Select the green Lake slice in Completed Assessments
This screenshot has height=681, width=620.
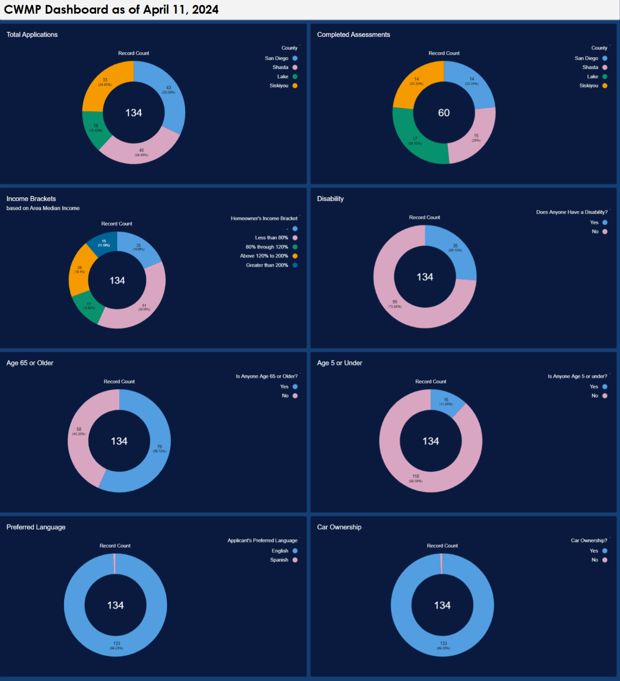click(x=412, y=142)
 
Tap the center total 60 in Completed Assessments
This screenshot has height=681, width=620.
click(x=444, y=113)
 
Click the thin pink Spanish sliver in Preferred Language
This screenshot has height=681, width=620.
click(x=115, y=564)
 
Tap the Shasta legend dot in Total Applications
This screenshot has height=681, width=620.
click(x=295, y=67)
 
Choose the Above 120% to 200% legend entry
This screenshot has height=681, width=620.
click(x=264, y=256)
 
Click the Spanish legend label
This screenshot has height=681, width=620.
click(x=279, y=560)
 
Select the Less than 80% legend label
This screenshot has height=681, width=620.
click(x=271, y=238)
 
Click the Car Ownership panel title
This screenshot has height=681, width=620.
click(x=339, y=527)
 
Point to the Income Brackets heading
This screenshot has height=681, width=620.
click(x=31, y=199)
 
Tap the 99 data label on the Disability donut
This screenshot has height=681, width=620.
click(x=395, y=302)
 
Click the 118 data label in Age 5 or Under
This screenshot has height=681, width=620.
click(x=415, y=477)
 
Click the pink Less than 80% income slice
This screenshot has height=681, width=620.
click(x=146, y=306)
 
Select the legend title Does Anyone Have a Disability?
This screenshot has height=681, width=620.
click(x=571, y=212)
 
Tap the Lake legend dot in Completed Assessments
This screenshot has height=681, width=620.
click(x=604, y=77)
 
